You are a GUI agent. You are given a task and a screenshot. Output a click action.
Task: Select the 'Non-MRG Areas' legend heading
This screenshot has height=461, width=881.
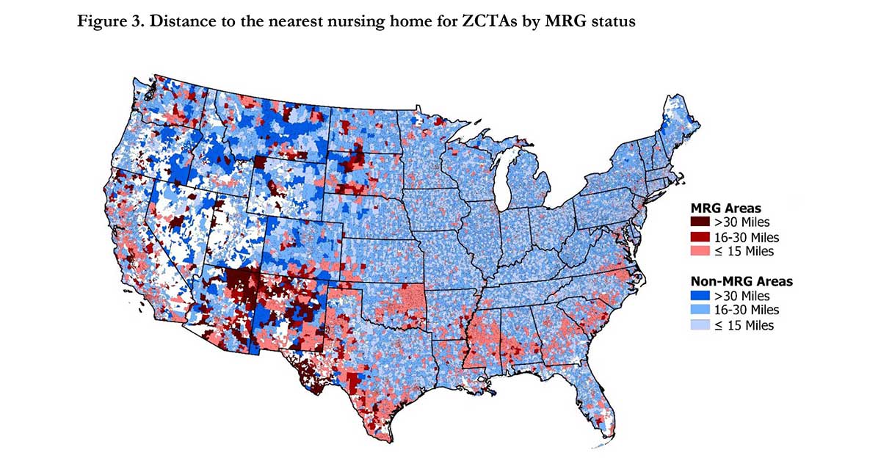742,281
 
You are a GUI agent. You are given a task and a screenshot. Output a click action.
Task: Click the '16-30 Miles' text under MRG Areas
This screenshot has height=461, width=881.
746,237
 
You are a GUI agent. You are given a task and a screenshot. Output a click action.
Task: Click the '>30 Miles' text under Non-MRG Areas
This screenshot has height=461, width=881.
742,296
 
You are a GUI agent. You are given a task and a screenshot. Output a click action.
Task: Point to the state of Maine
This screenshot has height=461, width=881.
679,125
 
